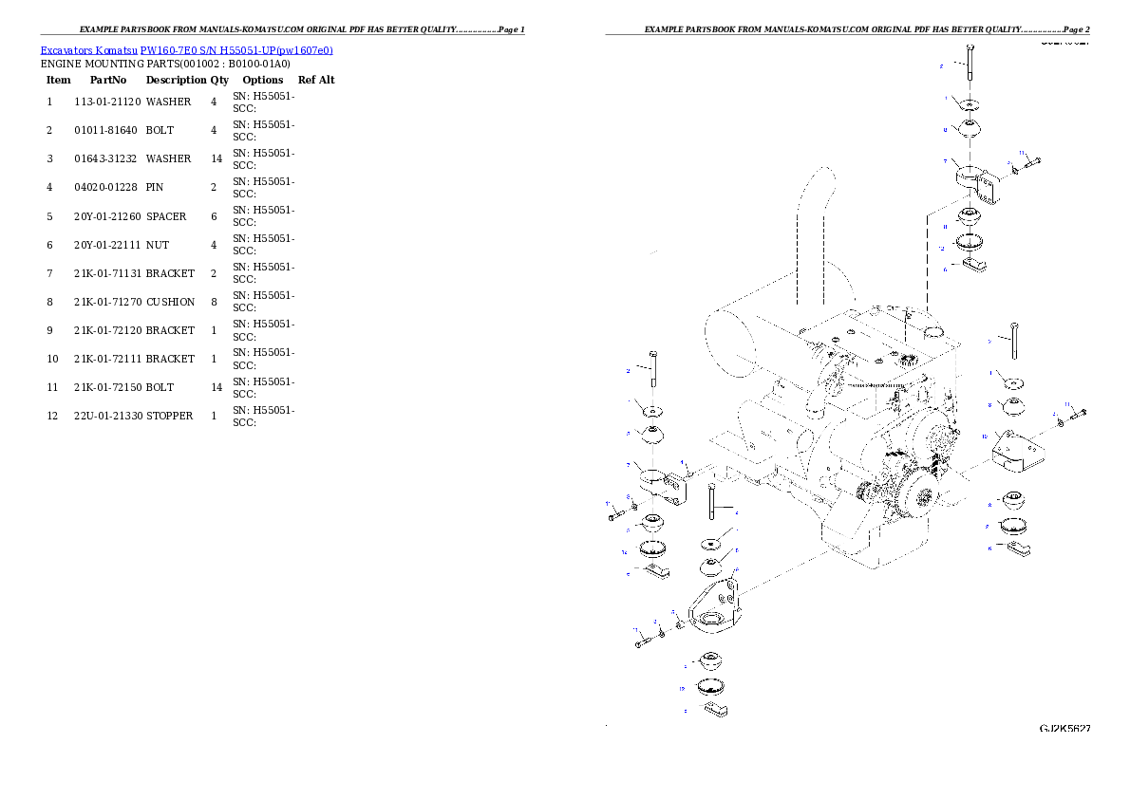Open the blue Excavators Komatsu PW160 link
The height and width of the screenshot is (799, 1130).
(186, 50)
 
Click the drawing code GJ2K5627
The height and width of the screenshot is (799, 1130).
(1064, 729)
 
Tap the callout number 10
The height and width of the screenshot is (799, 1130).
(985, 437)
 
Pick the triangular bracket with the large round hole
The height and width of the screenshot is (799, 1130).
(712, 607)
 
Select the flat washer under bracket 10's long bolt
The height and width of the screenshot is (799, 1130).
(1015, 382)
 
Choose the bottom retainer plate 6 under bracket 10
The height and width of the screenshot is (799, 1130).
(1018, 549)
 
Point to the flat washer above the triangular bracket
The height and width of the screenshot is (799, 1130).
(712, 543)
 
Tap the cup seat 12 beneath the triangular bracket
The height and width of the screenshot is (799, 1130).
(710, 687)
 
